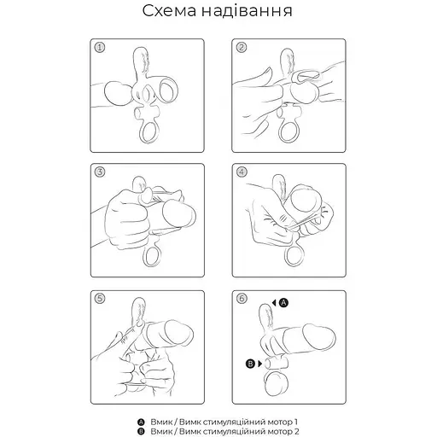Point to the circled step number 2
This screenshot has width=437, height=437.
242,49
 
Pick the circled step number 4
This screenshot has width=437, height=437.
242,172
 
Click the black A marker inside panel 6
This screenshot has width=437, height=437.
284,302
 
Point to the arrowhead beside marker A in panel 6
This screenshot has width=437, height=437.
274,302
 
